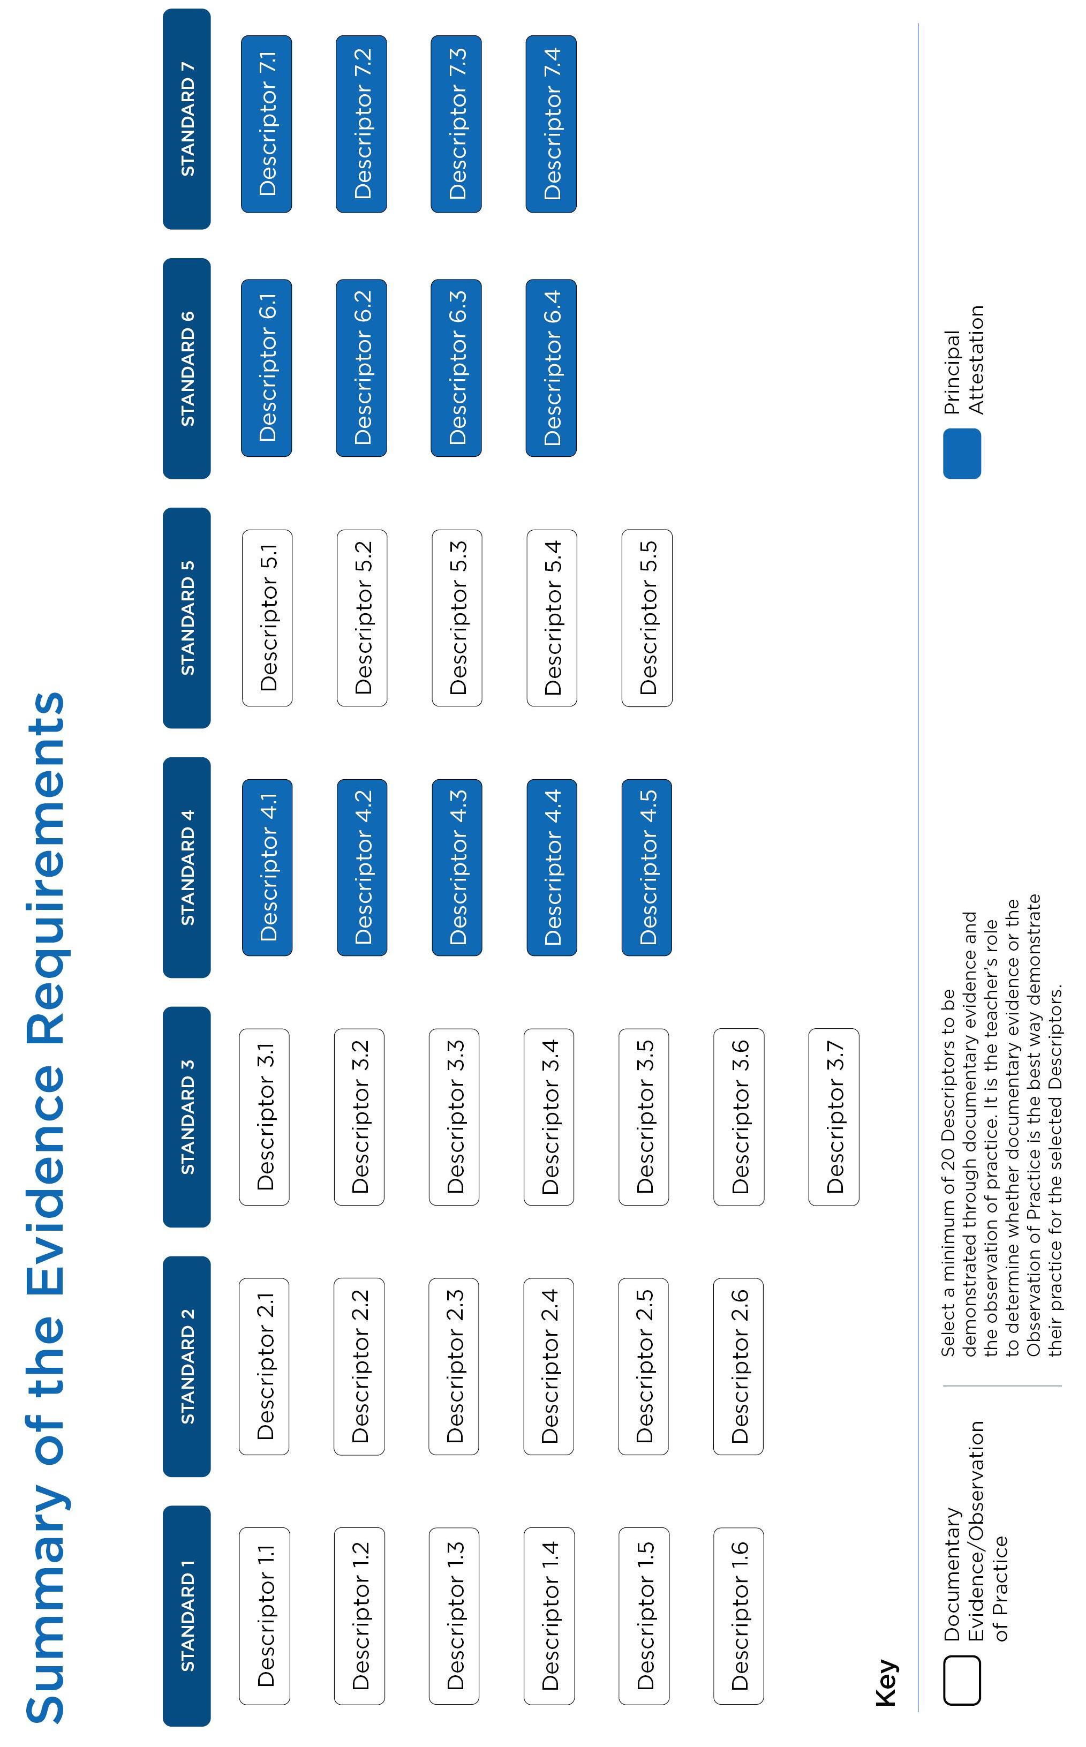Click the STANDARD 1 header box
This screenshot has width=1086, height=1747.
[x=187, y=1616]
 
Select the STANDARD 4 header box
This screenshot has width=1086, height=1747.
[x=187, y=867]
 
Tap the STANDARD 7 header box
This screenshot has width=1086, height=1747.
[x=187, y=119]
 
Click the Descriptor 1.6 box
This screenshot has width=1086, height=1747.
[x=738, y=1616]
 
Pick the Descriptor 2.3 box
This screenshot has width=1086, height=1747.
[x=454, y=1366]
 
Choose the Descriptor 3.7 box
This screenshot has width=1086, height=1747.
[x=833, y=1117]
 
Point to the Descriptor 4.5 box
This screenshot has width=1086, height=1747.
[x=646, y=867]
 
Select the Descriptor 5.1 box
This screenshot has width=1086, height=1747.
[x=267, y=618]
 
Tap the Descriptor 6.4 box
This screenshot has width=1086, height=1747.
[x=551, y=368]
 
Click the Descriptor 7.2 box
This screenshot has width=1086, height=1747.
[x=361, y=124]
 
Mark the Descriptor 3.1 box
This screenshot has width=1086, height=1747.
[x=265, y=1117]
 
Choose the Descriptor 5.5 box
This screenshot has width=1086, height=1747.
[x=646, y=618]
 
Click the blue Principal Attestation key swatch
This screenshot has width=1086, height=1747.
[x=962, y=453]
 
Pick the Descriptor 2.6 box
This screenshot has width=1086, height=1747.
[x=738, y=1366]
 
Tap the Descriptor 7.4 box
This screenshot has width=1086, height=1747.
[x=551, y=124]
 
